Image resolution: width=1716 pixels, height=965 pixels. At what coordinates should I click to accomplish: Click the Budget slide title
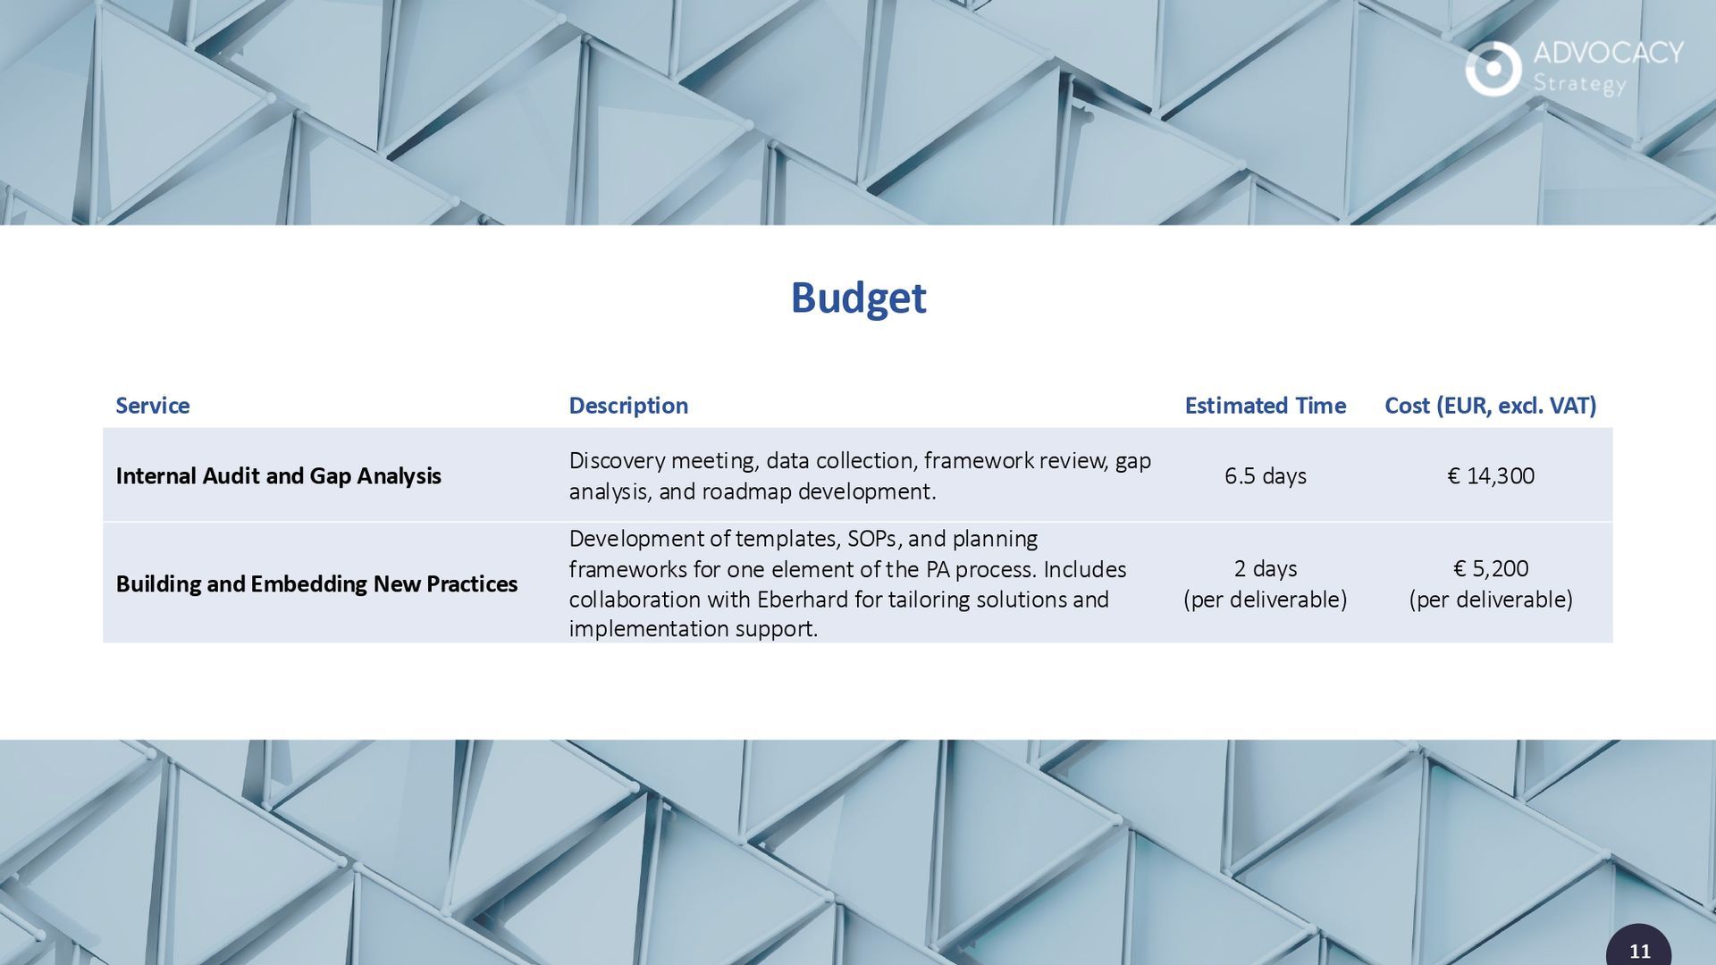coord(858,298)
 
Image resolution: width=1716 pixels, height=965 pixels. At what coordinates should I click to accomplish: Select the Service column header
coord(153,406)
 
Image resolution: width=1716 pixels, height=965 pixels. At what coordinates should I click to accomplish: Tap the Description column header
coord(628,406)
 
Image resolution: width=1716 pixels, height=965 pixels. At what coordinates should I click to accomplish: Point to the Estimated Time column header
coord(1265,406)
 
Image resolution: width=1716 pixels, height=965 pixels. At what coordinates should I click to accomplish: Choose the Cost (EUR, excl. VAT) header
coord(1490,406)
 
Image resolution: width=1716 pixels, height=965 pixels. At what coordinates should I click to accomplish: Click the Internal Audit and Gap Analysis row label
coord(278,476)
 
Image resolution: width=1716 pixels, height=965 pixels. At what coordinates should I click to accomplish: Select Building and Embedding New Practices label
coord(316,584)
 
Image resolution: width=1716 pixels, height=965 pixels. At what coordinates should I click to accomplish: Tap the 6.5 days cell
coord(1265,476)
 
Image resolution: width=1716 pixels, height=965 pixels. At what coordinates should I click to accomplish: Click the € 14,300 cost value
coord(1490,476)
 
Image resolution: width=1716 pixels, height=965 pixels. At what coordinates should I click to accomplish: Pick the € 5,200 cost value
coord(1490,569)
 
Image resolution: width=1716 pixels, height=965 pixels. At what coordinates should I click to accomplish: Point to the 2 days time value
coord(1265,569)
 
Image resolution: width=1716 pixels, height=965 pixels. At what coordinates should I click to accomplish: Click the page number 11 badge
coord(1639,946)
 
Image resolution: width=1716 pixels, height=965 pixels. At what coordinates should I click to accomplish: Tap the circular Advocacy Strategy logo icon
coord(1493,69)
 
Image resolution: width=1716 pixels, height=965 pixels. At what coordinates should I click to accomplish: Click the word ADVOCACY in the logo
coord(1609,53)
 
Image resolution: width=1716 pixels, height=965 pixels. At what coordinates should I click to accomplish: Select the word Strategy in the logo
coord(1579,84)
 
